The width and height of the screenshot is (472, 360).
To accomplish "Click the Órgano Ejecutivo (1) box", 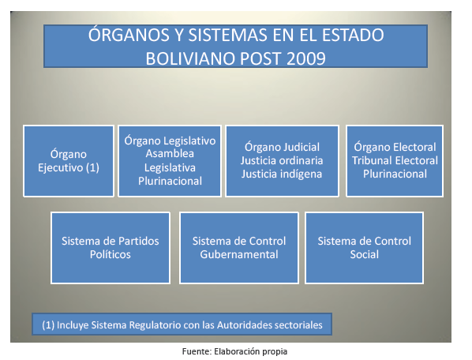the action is point(69,161).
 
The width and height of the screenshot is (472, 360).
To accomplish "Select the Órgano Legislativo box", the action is point(170,161).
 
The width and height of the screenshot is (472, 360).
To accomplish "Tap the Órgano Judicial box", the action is point(282,161).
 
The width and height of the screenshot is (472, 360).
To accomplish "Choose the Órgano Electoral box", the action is point(395,161).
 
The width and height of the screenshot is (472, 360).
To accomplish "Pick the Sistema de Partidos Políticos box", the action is point(111,248).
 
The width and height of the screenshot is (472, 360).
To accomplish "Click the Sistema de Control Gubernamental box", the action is point(239,248).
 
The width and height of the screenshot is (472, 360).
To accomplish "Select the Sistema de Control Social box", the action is point(364,248).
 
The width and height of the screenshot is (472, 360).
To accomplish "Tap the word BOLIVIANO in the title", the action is point(191,58).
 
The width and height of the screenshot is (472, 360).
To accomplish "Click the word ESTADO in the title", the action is point(353,36).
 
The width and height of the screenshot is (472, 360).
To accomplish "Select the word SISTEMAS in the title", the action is point(227,36).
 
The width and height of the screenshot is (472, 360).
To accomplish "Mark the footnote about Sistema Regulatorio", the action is point(182,324).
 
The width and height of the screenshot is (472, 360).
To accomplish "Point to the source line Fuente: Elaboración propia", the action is point(234,351).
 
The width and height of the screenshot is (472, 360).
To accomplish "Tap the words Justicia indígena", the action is point(282,174).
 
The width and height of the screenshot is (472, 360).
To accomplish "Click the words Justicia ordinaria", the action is point(282,160).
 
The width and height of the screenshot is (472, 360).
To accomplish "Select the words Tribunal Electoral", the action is point(395,160).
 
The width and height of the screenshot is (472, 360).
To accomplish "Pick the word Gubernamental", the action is point(239,255).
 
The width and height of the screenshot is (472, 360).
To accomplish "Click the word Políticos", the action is point(111,255).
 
